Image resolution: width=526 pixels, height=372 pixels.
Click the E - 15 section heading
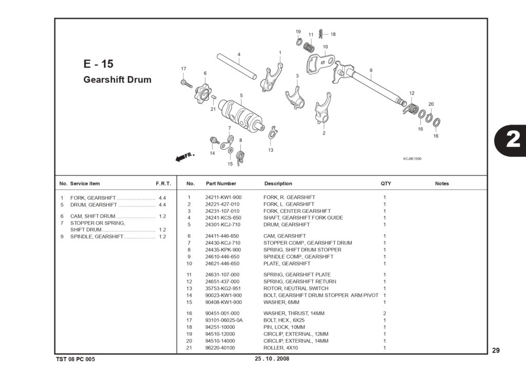coord(98,64)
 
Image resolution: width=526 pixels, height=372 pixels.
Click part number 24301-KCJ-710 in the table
coord(223,225)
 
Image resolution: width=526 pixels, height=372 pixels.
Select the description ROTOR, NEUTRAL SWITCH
coord(296,288)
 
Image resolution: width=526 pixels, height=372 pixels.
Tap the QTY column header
coord(386,183)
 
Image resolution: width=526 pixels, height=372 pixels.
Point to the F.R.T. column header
coord(163,184)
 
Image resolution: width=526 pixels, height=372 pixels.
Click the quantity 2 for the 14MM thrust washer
coord(384,314)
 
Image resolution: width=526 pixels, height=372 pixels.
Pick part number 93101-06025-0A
coord(224,320)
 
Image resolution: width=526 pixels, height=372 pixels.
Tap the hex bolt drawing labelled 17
coord(186,84)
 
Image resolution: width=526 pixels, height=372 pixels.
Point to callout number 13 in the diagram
coord(270,150)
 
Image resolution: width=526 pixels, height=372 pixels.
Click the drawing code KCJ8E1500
coord(412,159)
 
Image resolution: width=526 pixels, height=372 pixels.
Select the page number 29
coord(496,350)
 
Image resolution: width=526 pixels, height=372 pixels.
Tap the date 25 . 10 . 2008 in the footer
coord(272,359)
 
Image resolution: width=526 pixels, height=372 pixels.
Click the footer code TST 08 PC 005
coord(76,359)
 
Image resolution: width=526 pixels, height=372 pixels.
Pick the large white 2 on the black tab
coord(513,139)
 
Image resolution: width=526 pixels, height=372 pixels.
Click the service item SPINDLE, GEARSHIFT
coord(97,237)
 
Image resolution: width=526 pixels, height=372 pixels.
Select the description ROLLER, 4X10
coord(280,347)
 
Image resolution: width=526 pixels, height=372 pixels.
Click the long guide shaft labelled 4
coord(237,66)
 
